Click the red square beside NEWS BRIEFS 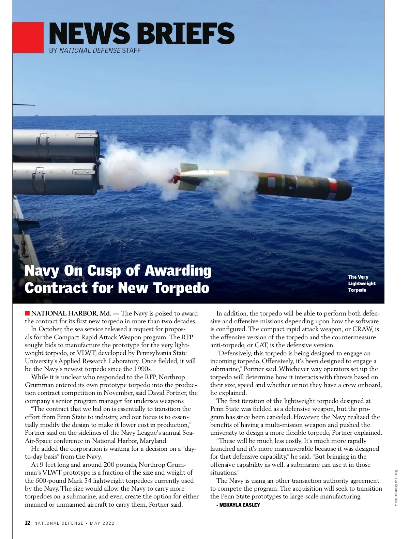(28, 37)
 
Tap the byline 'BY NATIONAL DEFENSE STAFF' (95, 50)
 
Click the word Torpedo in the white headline (181, 288)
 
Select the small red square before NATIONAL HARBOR (27, 313)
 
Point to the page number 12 (28, 523)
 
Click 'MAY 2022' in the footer (102, 523)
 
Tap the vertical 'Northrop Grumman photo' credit (396, 488)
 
